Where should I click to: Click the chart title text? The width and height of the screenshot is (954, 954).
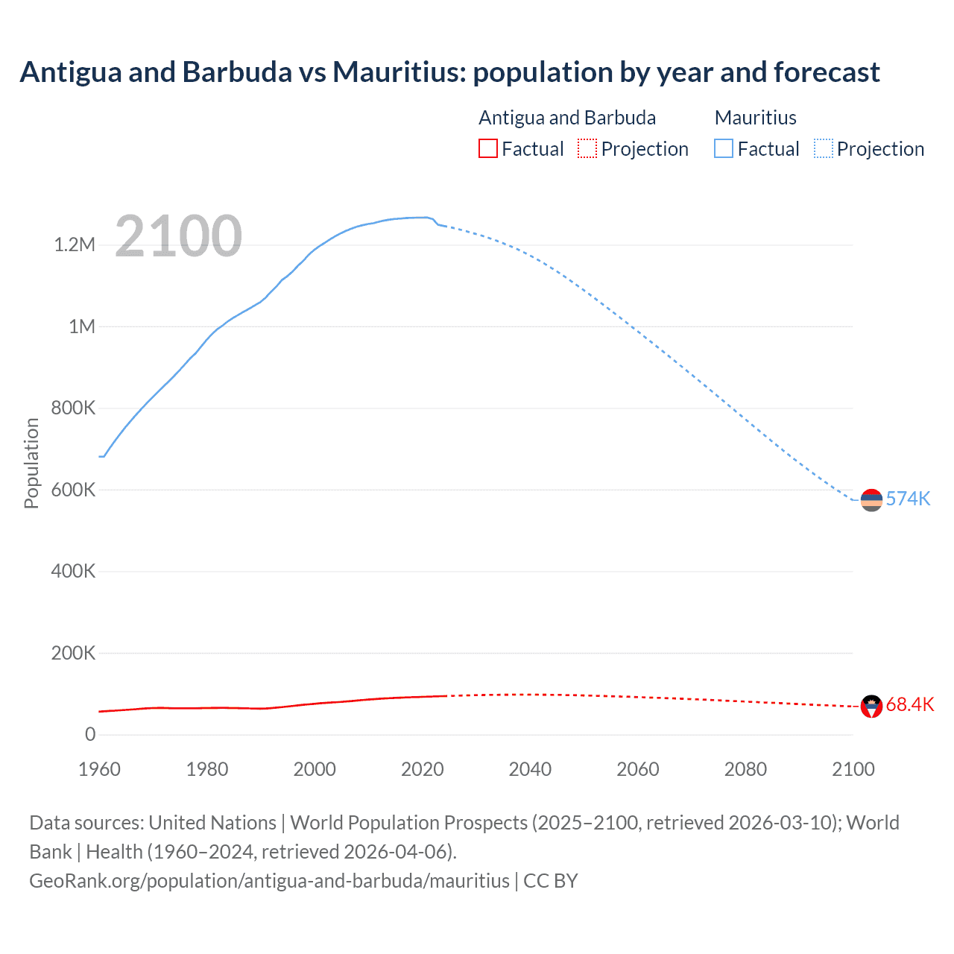(449, 72)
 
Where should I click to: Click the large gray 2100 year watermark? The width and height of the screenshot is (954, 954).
(178, 236)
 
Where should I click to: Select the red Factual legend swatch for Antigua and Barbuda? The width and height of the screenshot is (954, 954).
(487, 149)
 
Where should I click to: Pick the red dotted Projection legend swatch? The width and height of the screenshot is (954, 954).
(587, 149)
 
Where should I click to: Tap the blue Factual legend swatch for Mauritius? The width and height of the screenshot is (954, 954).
(724, 149)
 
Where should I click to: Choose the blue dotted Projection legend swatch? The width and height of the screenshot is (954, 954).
(824, 149)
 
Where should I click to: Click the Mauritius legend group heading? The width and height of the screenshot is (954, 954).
(755, 118)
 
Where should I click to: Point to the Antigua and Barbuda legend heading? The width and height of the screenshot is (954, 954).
(567, 118)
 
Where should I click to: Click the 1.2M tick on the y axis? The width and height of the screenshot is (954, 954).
(75, 245)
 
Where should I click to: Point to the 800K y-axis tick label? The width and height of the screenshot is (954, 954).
(73, 408)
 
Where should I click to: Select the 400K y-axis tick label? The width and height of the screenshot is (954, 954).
(73, 572)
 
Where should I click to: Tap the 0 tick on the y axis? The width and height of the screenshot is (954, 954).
(90, 735)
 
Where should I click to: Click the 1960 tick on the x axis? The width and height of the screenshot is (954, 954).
(99, 769)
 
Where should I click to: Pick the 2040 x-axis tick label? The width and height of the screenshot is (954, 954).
(530, 769)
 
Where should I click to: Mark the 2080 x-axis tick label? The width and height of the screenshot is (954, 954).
(745, 769)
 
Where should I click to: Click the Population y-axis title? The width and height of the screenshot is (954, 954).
(31, 463)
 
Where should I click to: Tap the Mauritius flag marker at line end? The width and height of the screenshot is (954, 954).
(871, 500)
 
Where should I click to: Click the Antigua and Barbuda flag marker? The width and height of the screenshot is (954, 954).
(871, 706)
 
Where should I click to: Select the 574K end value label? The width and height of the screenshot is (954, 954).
(908, 499)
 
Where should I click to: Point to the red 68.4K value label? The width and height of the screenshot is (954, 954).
(909, 705)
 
